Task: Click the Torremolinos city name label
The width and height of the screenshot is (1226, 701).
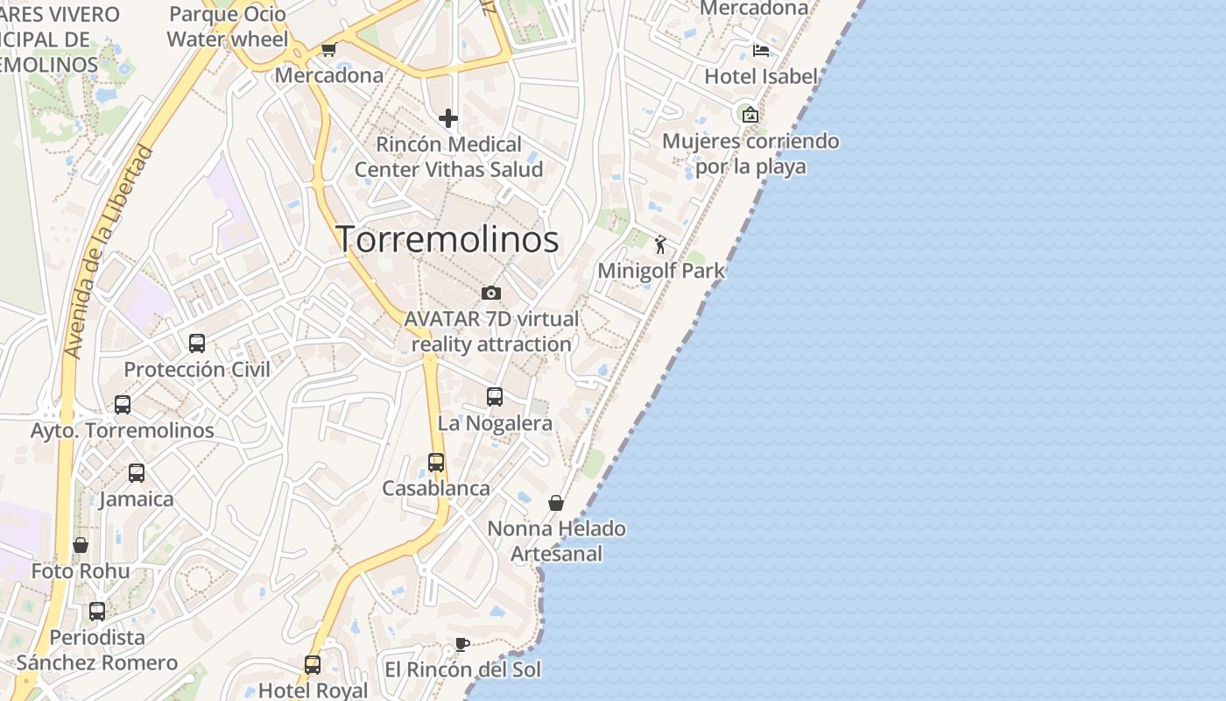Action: (447, 239)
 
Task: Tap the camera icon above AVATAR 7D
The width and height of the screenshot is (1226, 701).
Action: (491, 293)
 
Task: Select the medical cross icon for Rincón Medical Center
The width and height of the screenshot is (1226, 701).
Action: (448, 117)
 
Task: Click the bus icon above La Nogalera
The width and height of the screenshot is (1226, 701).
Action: (495, 397)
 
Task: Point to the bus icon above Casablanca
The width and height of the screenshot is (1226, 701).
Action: (436, 462)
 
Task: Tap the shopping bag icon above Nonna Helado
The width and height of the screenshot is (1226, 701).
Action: (555, 503)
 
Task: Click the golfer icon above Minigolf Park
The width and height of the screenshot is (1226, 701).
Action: (660, 244)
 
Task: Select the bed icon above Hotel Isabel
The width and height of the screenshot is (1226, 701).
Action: (761, 50)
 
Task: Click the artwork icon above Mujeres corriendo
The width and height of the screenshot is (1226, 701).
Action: (750, 114)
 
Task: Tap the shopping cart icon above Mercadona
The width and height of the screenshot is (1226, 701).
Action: (328, 49)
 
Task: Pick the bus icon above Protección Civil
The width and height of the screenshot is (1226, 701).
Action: (197, 343)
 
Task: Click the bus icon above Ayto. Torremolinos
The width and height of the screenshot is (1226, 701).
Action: (123, 404)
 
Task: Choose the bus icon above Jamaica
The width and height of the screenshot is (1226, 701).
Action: (137, 472)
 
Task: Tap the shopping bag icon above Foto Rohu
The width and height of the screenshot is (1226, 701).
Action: (81, 545)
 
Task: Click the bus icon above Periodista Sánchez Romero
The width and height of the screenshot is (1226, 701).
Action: (97, 611)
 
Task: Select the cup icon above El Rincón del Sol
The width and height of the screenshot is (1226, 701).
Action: (462, 645)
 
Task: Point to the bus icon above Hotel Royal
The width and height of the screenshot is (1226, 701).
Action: (313, 664)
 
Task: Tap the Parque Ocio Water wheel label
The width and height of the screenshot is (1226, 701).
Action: (228, 26)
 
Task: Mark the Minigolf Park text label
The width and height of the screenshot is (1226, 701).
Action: (661, 271)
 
